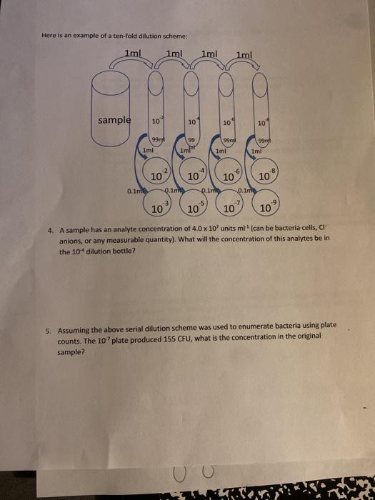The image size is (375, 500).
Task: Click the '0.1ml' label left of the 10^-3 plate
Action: (x=134, y=191)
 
